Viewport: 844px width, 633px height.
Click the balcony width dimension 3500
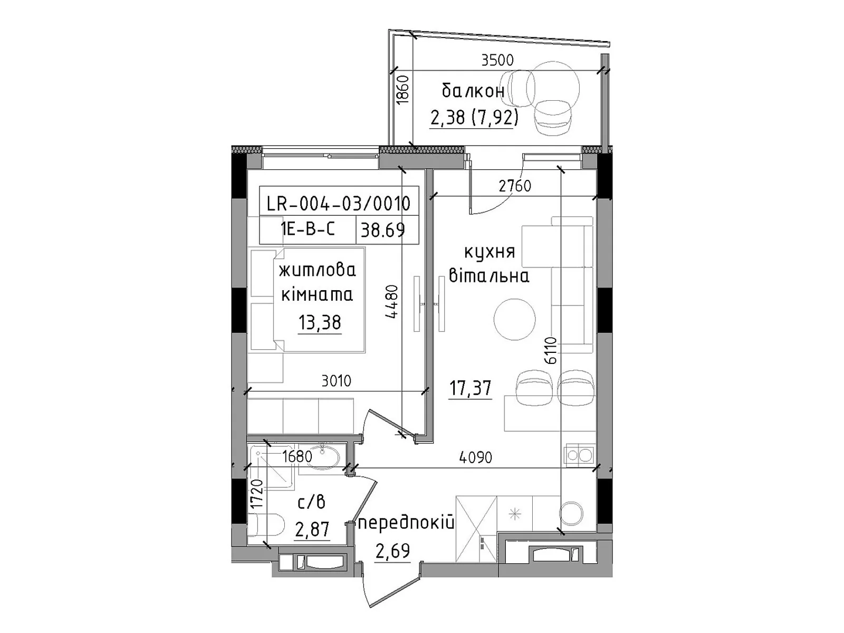[497, 60]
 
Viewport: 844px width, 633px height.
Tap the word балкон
[473, 91]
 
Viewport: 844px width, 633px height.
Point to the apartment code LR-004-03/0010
[338, 204]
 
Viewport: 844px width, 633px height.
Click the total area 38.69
[382, 230]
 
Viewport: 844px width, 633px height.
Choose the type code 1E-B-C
[308, 229]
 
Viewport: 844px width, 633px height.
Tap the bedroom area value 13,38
[320, 322]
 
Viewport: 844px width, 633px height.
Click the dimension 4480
[392, 301]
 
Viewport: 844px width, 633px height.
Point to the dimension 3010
[337, 381]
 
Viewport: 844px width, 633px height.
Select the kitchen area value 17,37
[470, 388]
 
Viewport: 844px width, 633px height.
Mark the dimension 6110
[550, 350]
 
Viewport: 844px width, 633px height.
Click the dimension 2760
[515, 186]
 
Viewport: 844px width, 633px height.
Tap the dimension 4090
[476, 457]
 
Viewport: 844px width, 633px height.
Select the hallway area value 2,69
[393, 551]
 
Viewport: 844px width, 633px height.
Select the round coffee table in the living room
[514, 319]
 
